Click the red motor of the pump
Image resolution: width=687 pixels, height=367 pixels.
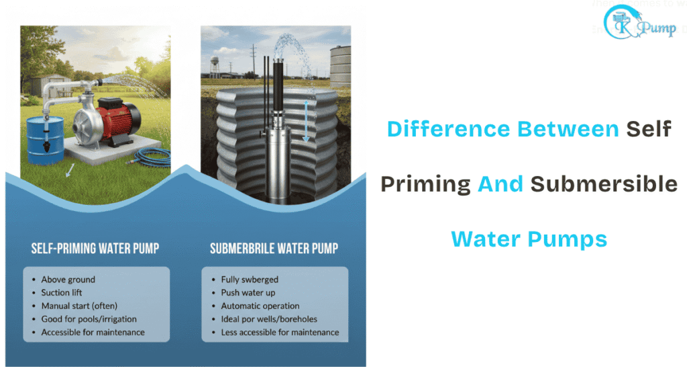click(119, 114)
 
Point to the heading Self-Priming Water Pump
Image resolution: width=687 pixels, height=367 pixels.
click(95, 249)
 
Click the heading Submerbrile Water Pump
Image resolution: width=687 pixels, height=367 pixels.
click(274, 249)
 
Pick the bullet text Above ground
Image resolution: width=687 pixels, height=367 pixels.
click(68, 279)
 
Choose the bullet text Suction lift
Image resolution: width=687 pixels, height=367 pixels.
click(65, 292)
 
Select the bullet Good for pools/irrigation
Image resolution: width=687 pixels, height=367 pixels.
click(88, 319)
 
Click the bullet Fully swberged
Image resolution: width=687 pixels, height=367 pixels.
click(250, 279)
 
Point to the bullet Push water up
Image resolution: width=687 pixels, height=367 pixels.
click(248, 292)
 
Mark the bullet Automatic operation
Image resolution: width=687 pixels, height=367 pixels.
click(260, 306)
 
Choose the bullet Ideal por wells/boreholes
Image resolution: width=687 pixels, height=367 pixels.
click(269, 319)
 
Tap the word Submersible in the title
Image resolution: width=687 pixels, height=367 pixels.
click(604, 184)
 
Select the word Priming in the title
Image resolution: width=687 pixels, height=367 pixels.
click(425, 184)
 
